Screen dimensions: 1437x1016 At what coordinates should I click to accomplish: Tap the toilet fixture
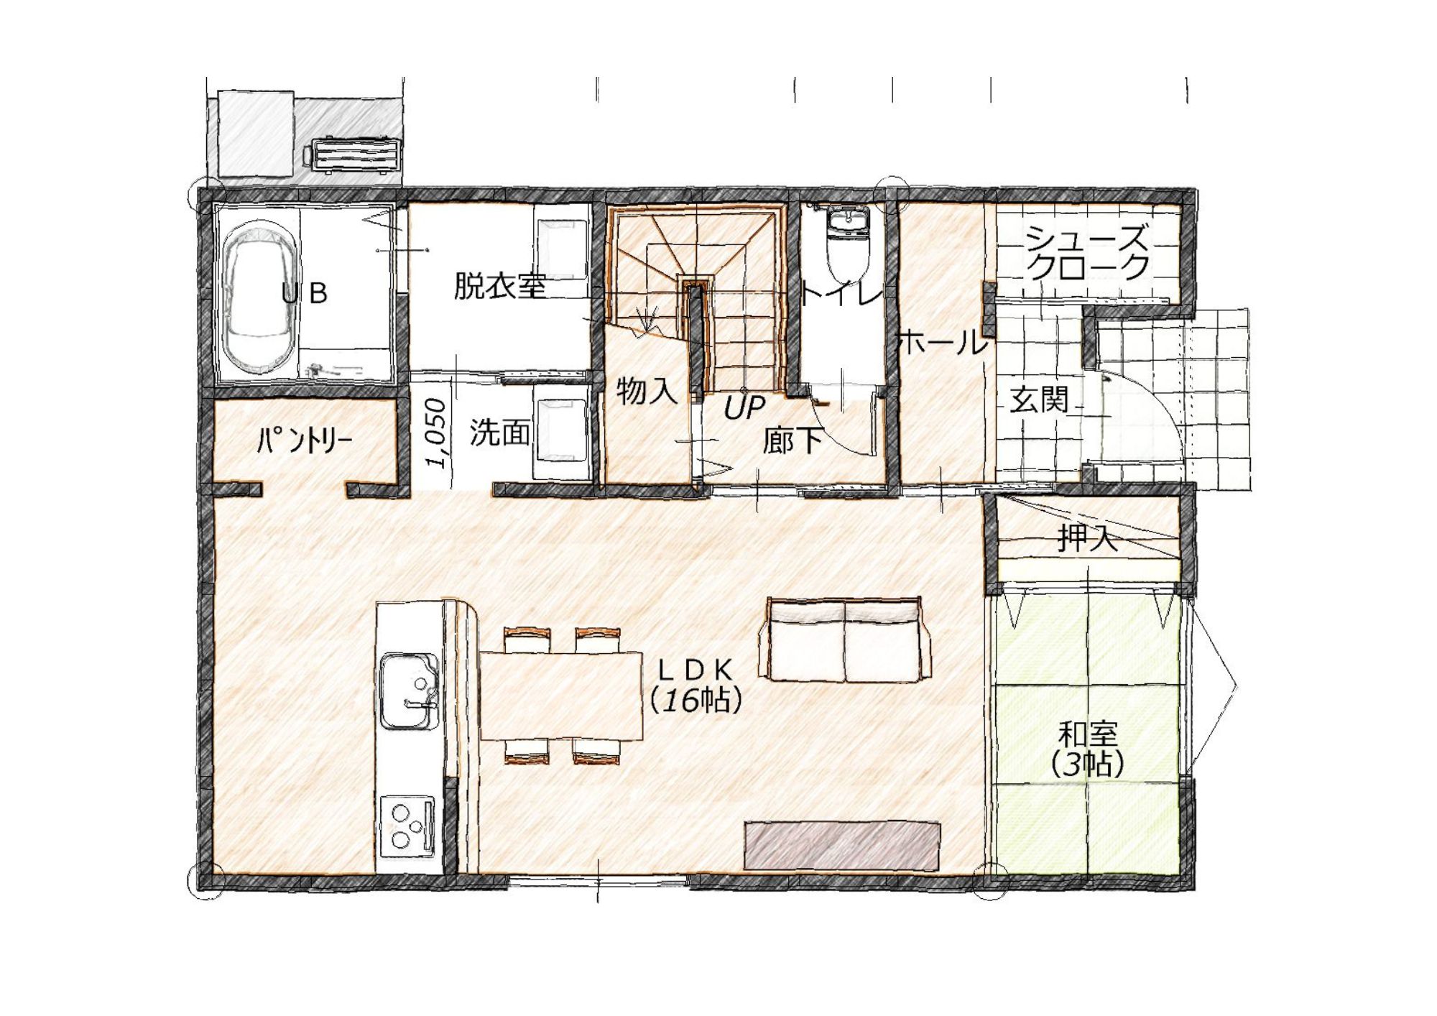tap(849, 245)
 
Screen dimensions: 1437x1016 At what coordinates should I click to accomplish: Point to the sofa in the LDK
tap(845, 639)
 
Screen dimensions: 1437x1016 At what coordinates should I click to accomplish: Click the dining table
tap(560, 696)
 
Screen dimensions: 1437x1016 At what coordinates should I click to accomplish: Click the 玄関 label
tap(1039, 400)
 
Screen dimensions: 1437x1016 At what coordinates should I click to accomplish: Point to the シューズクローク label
tap(1087, 251)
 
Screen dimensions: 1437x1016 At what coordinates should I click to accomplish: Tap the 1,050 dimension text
tap(436, 433)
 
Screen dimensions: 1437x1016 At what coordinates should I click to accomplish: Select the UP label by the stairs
tap(744, 407)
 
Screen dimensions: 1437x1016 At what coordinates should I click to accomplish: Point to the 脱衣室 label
tap(500, 286)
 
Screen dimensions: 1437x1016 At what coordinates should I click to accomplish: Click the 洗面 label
tap(500, 433)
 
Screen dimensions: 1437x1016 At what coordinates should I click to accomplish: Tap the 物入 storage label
tap(647, 391)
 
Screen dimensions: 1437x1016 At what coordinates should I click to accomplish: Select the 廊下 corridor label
tap(792, 440)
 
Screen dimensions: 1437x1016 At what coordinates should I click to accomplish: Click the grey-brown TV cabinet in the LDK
tap(842, 846)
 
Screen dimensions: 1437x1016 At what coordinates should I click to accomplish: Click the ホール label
tap(943, 343)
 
